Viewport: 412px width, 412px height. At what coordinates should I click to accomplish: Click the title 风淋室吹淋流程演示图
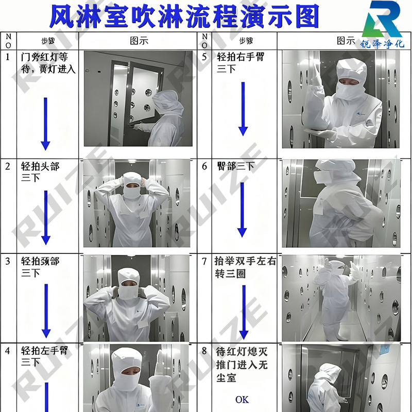184,16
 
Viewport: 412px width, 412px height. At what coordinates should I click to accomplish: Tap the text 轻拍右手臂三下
239,62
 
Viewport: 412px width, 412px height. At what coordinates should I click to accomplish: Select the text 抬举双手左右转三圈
245,267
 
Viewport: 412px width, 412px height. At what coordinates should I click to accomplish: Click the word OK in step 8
242,399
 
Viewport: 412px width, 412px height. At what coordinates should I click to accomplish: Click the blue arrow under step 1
45,124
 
